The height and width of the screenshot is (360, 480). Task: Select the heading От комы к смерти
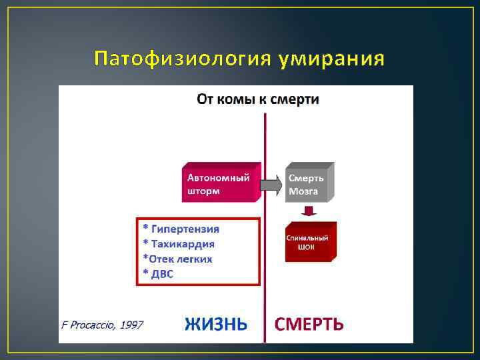pos(257,99)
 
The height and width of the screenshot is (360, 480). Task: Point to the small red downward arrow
pos(308,211)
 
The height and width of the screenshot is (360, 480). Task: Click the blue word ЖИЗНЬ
pos(216,325)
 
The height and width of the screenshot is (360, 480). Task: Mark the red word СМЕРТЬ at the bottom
pos(309,325)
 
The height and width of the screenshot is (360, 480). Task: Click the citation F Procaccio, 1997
pos(102,325)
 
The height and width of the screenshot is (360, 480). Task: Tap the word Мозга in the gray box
pos(303,191)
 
